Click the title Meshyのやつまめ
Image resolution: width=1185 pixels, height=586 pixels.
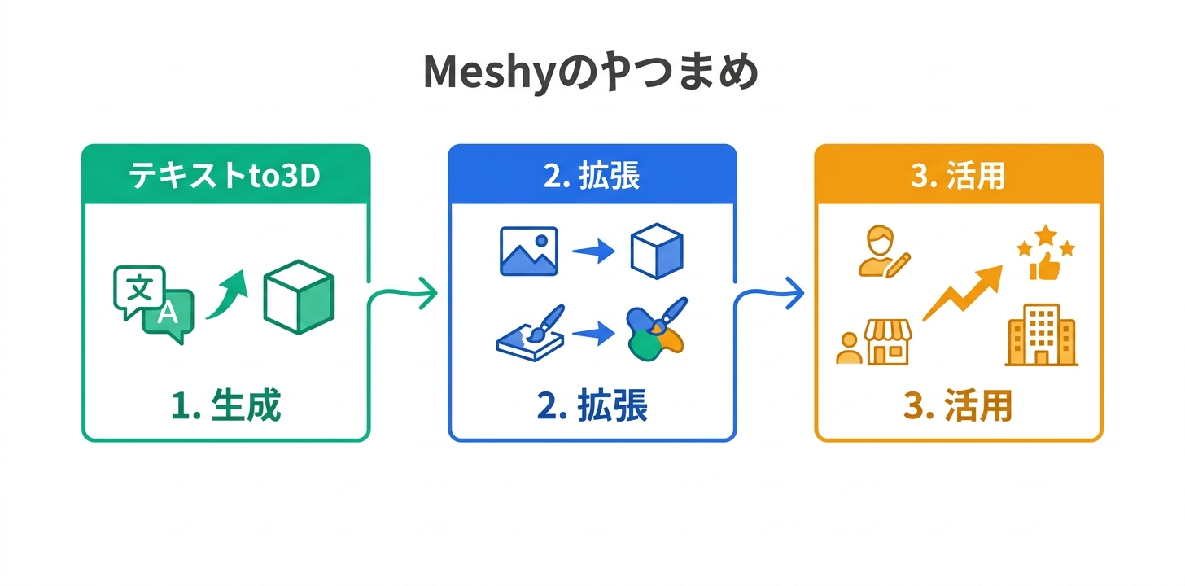(592, 73)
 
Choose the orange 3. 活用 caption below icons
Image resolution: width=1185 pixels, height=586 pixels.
(958, 406)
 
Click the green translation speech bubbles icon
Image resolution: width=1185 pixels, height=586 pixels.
(154, 304)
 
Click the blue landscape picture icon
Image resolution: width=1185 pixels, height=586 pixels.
(528, 251)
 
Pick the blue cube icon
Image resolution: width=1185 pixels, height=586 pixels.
(657, 251)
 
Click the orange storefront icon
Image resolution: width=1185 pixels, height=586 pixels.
(887, 342)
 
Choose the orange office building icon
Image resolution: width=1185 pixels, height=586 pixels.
(1041, 335)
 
